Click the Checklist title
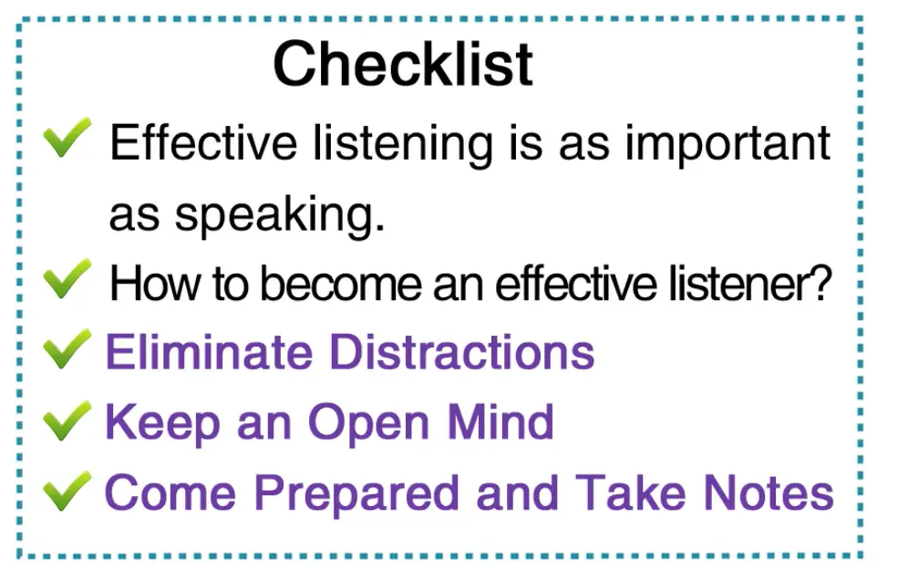coord(403,64)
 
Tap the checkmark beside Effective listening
coord(67,138)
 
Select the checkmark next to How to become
coord(67,279)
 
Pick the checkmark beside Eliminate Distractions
coord(67,349)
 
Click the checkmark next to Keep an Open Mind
coord(67,420)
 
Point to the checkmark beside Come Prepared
coord(67,491)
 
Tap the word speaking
coord(280,216)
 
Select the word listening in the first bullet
coord(403,144)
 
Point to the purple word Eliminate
coord(210,352)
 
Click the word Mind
coord(501,421)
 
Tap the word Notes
coord(768,493)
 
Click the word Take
coord(630,493)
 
